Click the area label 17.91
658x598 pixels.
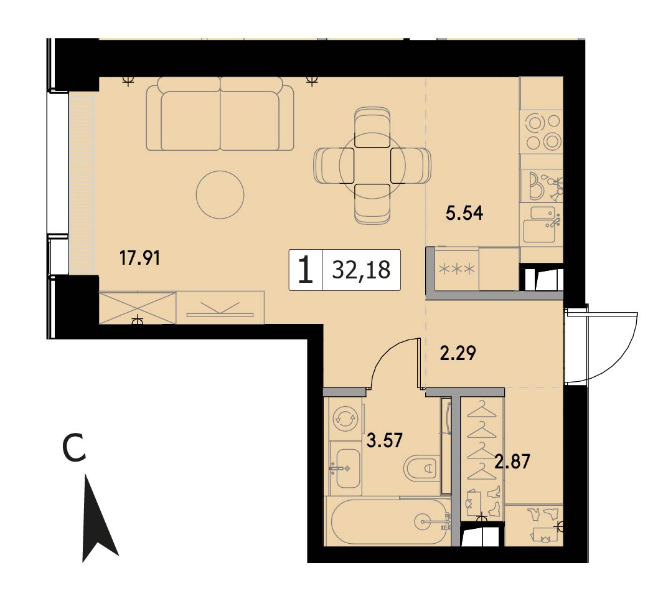139,258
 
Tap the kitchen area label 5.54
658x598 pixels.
464,213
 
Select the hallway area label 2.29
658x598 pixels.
458,353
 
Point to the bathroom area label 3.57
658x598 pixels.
384,440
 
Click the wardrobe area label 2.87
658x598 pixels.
512,461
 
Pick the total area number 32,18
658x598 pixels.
361,270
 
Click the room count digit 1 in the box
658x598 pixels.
306,270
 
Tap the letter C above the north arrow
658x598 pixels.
74,448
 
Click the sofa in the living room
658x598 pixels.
220,113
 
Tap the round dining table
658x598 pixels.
372,165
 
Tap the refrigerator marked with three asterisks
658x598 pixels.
457,269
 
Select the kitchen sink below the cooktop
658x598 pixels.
542,225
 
